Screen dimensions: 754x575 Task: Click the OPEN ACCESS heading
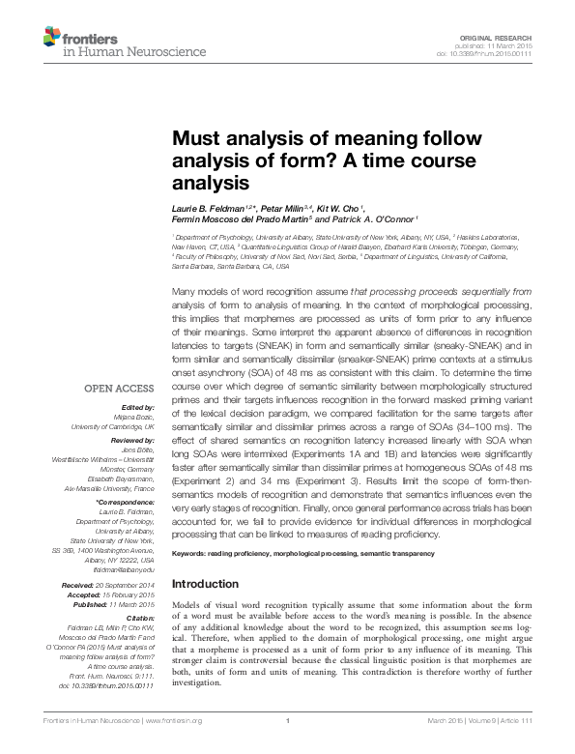tap(123, 390)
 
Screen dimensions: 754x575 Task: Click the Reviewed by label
tap(130, 441)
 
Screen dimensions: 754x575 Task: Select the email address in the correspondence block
tap(126, 570)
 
